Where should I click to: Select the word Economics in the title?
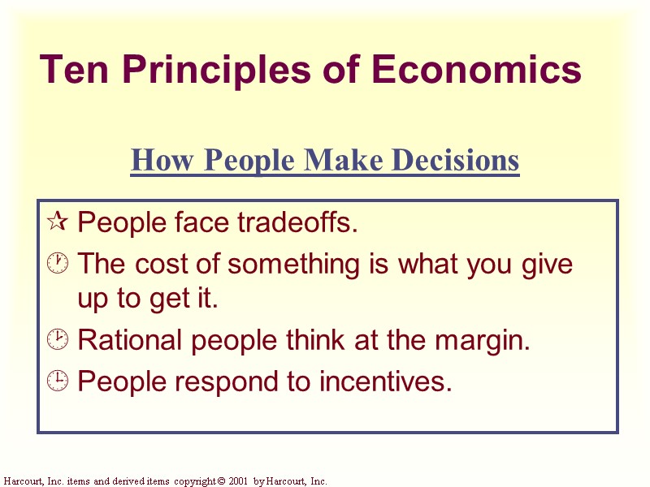[477, 70]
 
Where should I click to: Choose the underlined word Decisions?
[454, 161]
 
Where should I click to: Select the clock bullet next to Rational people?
[57, 342]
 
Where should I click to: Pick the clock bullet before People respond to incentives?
[57, 381]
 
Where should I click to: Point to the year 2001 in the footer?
[239, 481]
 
